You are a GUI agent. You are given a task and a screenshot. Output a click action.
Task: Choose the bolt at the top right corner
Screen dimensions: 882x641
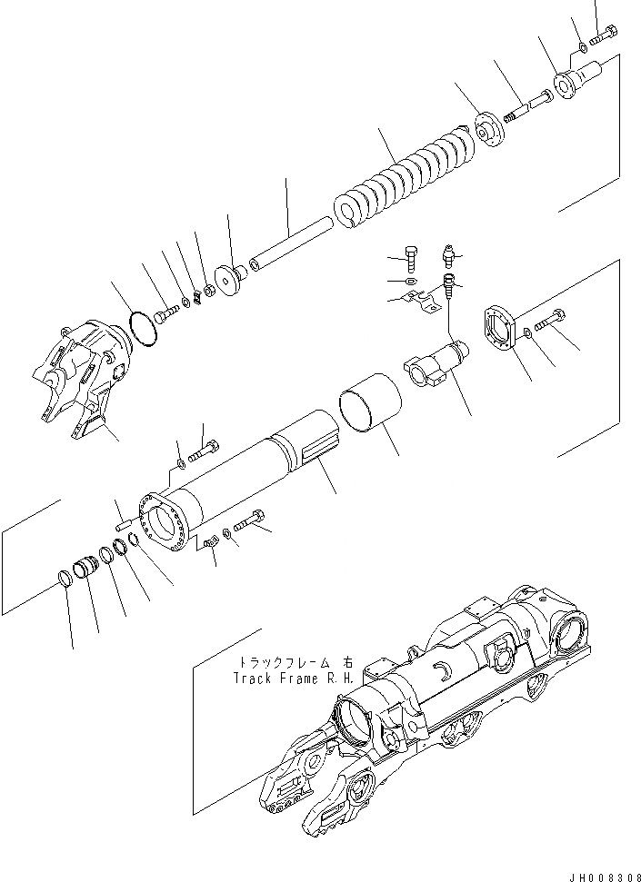(x=606, y=38)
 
